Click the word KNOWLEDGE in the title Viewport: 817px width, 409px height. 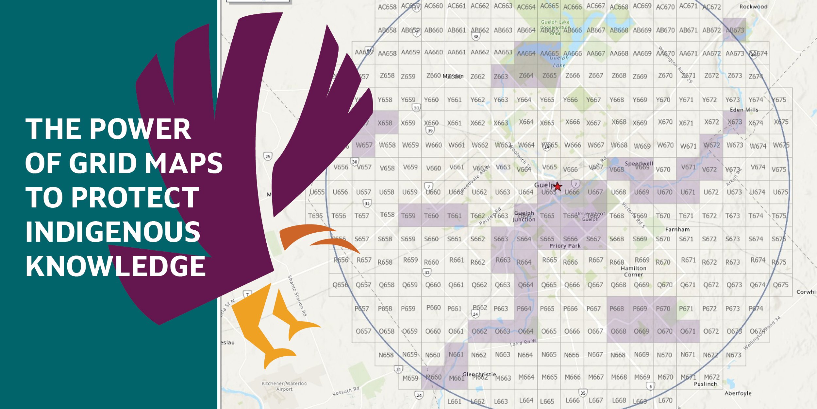pos(115,266)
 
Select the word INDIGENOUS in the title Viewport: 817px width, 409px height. pos(113,232)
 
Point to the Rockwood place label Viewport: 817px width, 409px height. pos(753,7)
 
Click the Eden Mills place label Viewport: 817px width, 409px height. pos(744,110)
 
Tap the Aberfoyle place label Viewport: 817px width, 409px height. pos(738,393)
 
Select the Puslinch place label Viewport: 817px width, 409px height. pos(705,384)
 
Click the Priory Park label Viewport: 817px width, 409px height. pos(565,246)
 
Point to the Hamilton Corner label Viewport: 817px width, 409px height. pos(633,271)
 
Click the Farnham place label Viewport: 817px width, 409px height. pos(677,229)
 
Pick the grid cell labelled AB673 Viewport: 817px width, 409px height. pos(734,30)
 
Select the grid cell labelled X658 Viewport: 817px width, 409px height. pos(385,123)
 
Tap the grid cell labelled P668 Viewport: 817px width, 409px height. pos(617,309)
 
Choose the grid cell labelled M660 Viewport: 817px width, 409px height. pos(433,377)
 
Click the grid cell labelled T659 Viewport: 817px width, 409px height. pos(408,216)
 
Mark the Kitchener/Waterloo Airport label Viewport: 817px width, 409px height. pos(284,386)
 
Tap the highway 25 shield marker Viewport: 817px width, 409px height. pos(268,156)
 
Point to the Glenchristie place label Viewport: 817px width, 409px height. pos(479,374)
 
